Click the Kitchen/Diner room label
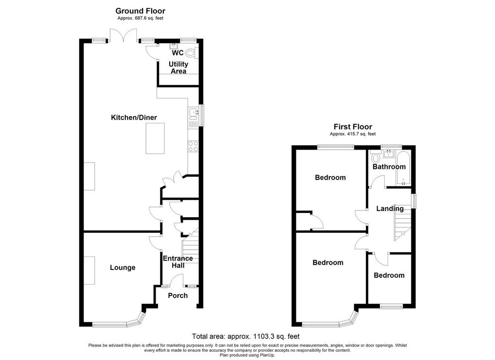point(134,118)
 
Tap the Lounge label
point(122,268)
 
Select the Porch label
point(178,296)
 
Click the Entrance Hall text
point(178,262)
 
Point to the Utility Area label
point(178,68)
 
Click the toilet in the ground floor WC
point(190,53)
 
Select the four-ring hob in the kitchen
point(193,146)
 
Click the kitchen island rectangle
point(155,138)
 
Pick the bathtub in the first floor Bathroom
point(403,168)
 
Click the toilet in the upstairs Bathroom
point(375,157)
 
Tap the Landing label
point(390,209)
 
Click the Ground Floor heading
point(141,11)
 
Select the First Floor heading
point(353,127)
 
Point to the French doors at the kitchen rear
point(123,35)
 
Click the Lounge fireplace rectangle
point(89,270)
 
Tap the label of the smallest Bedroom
point(389,275)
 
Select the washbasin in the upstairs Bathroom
point(389,154)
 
